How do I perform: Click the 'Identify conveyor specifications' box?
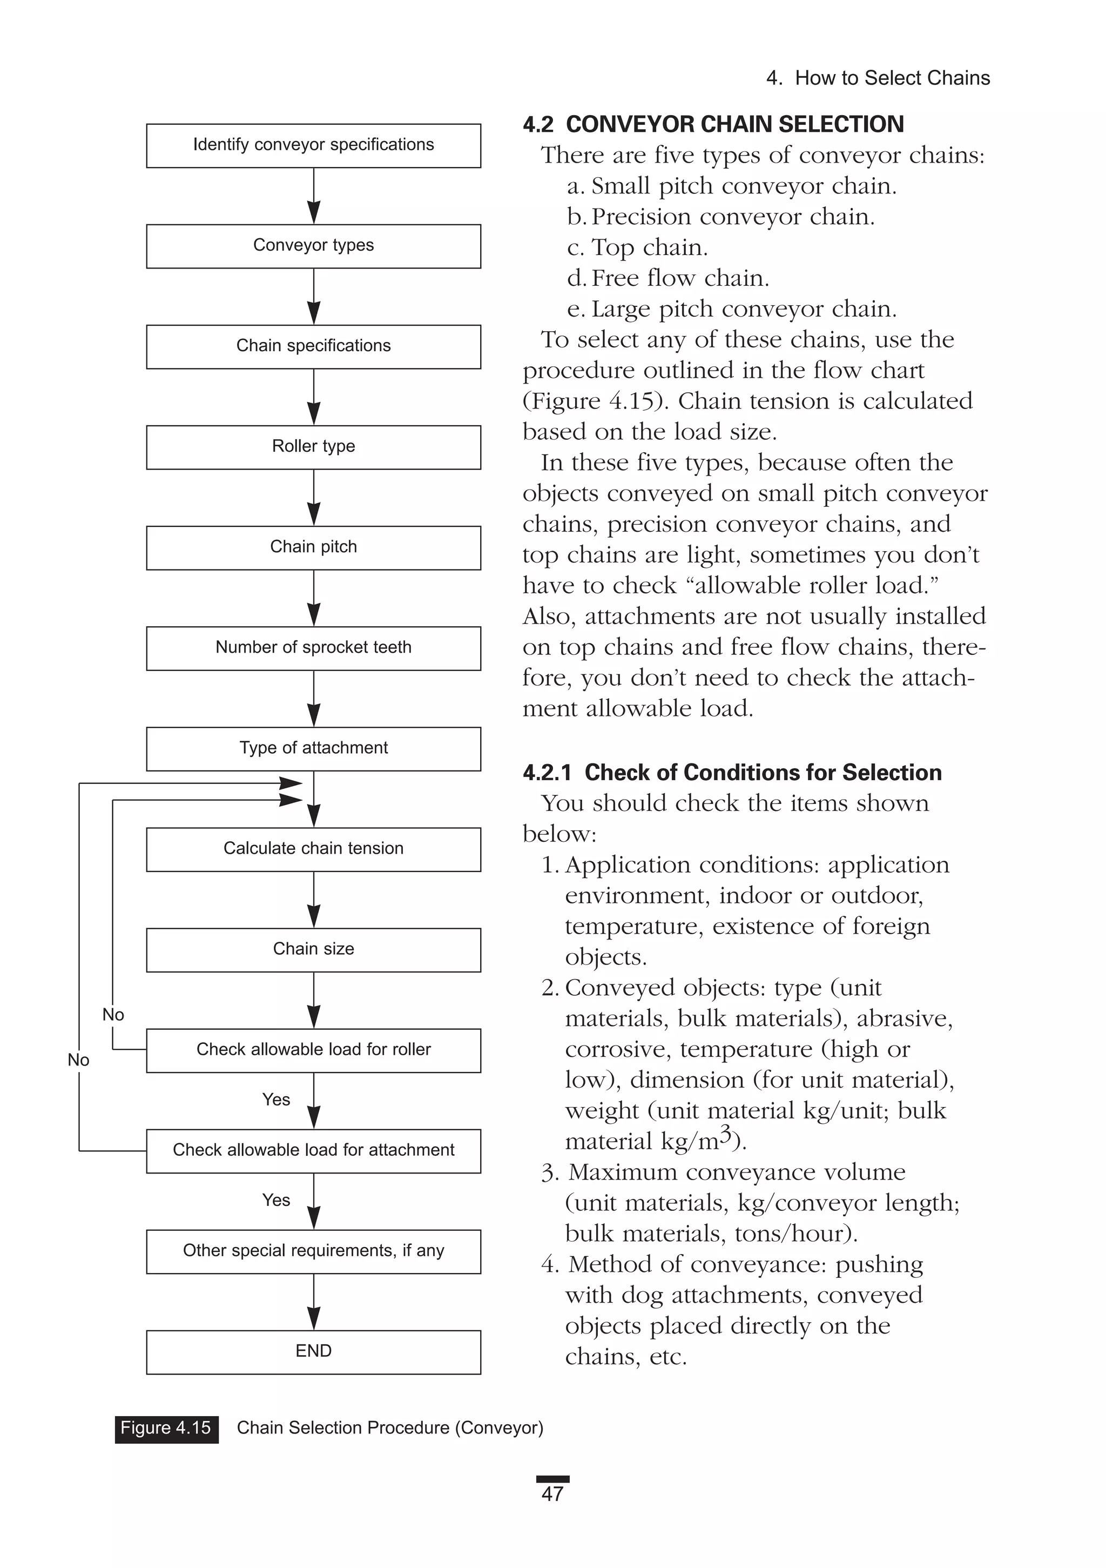point(313,145)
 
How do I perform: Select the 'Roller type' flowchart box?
point(313,447)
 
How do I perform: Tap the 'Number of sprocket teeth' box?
point(313,647)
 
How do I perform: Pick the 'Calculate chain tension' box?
point(313,849)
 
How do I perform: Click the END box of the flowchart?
point(313,1351)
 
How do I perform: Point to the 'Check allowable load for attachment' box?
point(313,1150)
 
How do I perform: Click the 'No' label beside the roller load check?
point(113,1015)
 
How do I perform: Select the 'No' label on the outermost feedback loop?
point(78,1060)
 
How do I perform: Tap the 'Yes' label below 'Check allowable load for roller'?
point(276,1100)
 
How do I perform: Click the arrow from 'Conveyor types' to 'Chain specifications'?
point(313,297)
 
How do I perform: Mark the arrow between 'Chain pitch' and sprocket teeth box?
point(313,598)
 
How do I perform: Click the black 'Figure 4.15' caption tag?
point(166,1428)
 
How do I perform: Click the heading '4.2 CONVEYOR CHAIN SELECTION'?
point(713,124)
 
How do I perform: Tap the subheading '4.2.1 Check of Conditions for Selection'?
point(732,773)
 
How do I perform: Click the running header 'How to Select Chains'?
point(892,78)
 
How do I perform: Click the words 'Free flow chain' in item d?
point(679,278)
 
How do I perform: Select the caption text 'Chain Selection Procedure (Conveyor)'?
point(390,1428)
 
